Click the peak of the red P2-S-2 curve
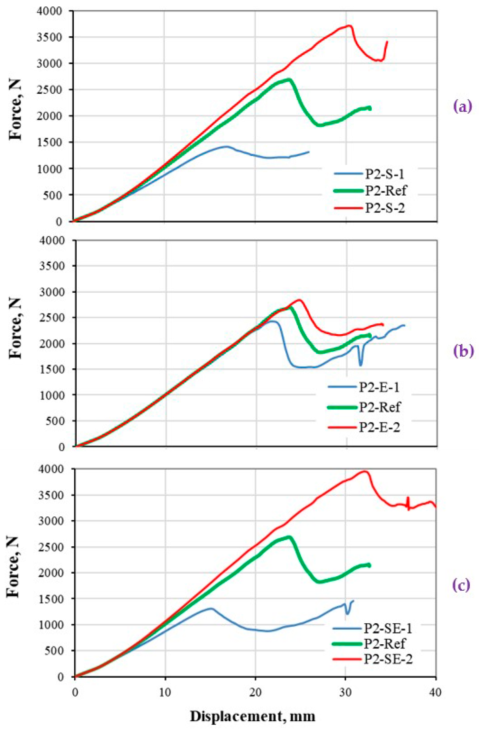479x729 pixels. click(x=349, y=25)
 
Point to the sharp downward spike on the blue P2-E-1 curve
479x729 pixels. click(x=360, y=365)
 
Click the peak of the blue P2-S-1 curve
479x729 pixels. click(x=226, y=146)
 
